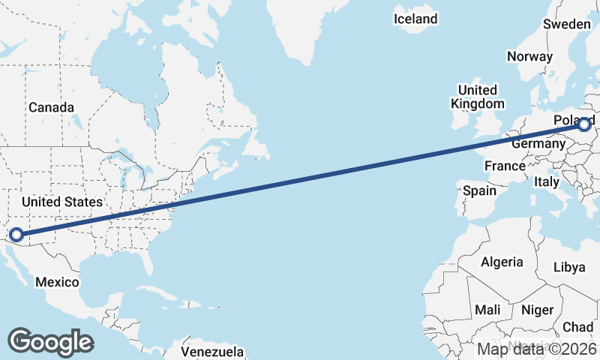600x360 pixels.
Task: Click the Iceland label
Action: tap(415, 19)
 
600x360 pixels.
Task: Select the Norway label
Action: tap(529, 56)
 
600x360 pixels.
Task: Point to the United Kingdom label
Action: tap(477, 97)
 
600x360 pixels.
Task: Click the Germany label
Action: tap(538, 143)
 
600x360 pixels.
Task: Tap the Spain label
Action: tap(479, 190)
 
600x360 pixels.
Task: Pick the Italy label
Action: tap(547, 181)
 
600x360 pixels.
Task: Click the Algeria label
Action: tap(502, 262)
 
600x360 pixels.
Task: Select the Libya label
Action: tap(569, 267)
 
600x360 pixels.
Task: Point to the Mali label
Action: tap(487, 310)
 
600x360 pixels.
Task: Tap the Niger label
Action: tap(537, 310)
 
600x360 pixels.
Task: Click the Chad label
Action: tap(577, 327)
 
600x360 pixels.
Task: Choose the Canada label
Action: tap(51, 107)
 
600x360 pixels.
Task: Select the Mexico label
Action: tap(58, 282)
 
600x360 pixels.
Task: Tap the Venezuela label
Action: tap(213, 351)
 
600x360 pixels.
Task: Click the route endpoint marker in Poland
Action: tap(585, 124)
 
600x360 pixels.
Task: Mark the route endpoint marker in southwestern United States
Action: tap(16, 235)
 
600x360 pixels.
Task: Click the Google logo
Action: tap(51, 341)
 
